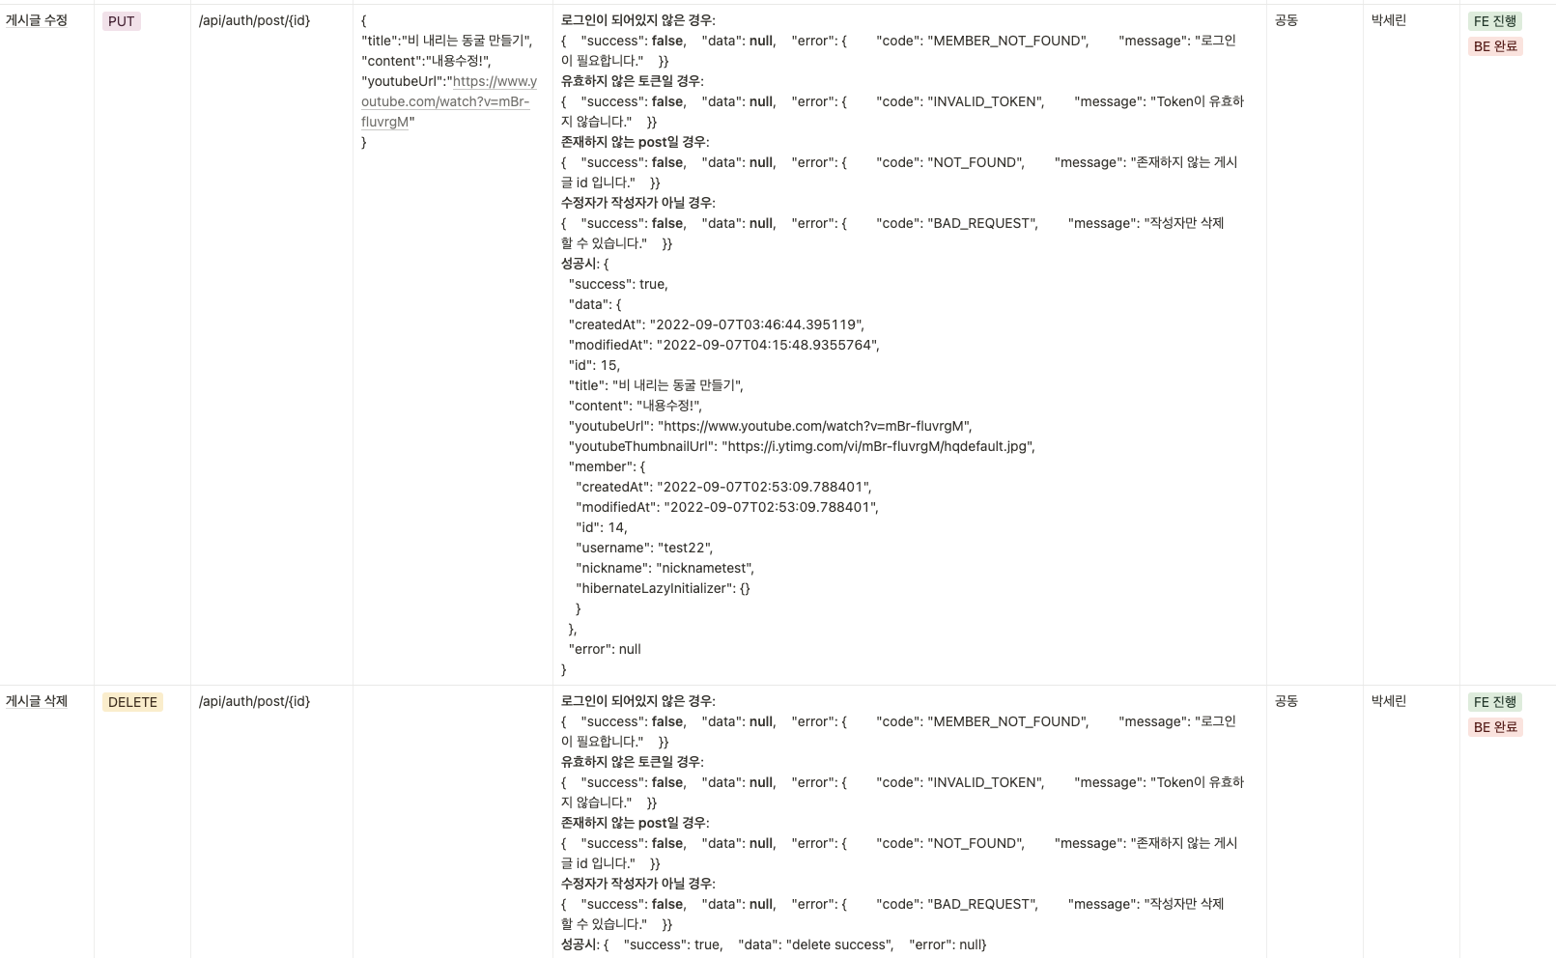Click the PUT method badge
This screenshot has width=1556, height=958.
pos(122,21)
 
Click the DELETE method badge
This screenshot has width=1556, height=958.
pos(132,702)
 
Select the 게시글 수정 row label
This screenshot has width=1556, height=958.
pos(37,20)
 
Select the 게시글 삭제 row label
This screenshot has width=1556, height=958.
pos(37,701)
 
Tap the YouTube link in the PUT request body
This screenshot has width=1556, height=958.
pos(448,101)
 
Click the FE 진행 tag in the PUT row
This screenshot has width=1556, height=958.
pos(1494,21)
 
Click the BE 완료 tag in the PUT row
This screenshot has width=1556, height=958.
pos(1495,46)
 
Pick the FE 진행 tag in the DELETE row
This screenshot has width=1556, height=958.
pos(1494,702)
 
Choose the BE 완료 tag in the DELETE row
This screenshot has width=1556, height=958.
pos(1495,727)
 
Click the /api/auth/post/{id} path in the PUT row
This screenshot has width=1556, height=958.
pos(254,20)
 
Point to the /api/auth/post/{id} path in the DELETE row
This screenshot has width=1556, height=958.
pos(254,701)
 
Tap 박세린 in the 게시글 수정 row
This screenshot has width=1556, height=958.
pos(1389,20)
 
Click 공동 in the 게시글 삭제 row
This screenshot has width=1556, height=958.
pos(1287,701)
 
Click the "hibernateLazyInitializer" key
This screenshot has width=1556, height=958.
pos(652,588)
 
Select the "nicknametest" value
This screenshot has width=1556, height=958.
pos(704,568)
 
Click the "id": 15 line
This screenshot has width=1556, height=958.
pos(594,365)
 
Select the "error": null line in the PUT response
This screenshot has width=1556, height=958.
pos(605,649)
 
